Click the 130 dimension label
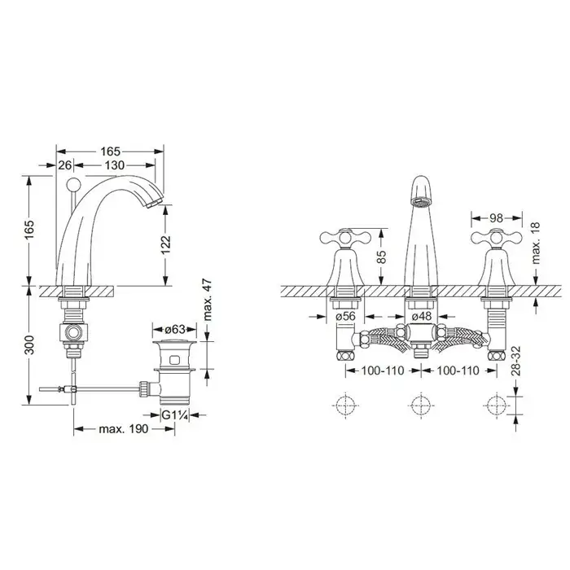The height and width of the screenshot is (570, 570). pos(115,165)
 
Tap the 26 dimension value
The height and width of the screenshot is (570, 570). pos(65,165)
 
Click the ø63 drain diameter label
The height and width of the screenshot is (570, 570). pos(175,329)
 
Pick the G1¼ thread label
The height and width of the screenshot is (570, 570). pos(175,414)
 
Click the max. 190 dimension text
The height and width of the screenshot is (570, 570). pos(124,429)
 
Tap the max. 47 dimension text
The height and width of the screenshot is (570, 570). pos(207,300)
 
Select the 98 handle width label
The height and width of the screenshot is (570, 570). pos(496,217)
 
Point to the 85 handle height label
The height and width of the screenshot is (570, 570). pos(381,256)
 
